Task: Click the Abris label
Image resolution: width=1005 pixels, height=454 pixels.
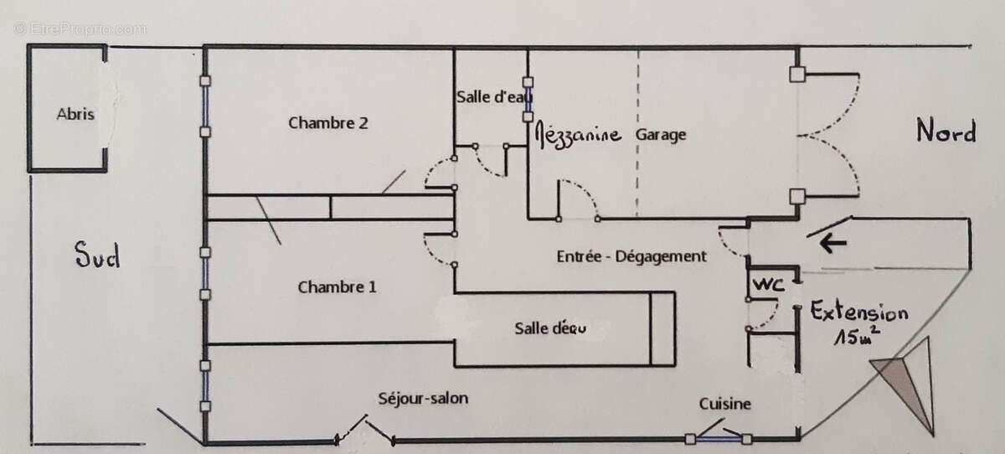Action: pos(75,115)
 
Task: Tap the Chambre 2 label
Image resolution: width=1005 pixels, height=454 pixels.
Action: pos(328,123)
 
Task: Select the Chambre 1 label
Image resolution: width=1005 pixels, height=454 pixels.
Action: pos(337,287)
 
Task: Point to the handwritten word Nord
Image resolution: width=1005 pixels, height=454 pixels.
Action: pos(946,132)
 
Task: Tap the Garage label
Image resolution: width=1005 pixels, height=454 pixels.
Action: pos(661,134)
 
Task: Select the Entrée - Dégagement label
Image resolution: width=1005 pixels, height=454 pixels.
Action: pos(631,257)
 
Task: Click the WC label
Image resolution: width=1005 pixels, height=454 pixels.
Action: pos(769,285)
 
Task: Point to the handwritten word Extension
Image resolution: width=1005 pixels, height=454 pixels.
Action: pos(858,313)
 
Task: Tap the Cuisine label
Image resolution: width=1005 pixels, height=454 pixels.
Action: pos(725,404)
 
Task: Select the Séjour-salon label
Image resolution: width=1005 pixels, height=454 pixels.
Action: pos(423,398)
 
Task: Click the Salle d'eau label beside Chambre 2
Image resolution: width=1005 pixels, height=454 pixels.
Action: pos(494,97)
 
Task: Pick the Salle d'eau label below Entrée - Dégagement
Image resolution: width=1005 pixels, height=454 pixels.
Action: pos(550,328)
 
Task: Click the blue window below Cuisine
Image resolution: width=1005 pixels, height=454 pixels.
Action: pos(718,437)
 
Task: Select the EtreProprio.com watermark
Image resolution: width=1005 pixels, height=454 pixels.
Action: pos(80,28)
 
